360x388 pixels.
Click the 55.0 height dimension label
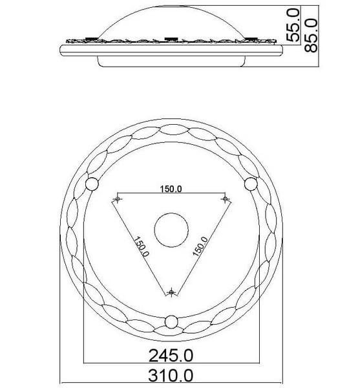pyautogui.click(x=293, y=25)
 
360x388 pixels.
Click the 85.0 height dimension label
pyautogui.click(x=310, y=36)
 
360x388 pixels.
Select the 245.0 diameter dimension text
pyautogui.click(x=171, y=355)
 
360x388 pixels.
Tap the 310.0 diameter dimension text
pyautogui.click(x=171, y=375)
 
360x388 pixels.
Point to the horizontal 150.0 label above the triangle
pyautogui.click(x=171, y=189)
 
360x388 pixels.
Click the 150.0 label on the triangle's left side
pyautogui.click(x=142, y=247)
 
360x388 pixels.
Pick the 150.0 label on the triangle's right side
pyautogui.click(x=200, y=247)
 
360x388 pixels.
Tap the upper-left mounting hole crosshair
pyautogui.click(x=118, y=199)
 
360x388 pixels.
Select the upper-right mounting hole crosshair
pyautogui.click(x=225, y=199)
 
